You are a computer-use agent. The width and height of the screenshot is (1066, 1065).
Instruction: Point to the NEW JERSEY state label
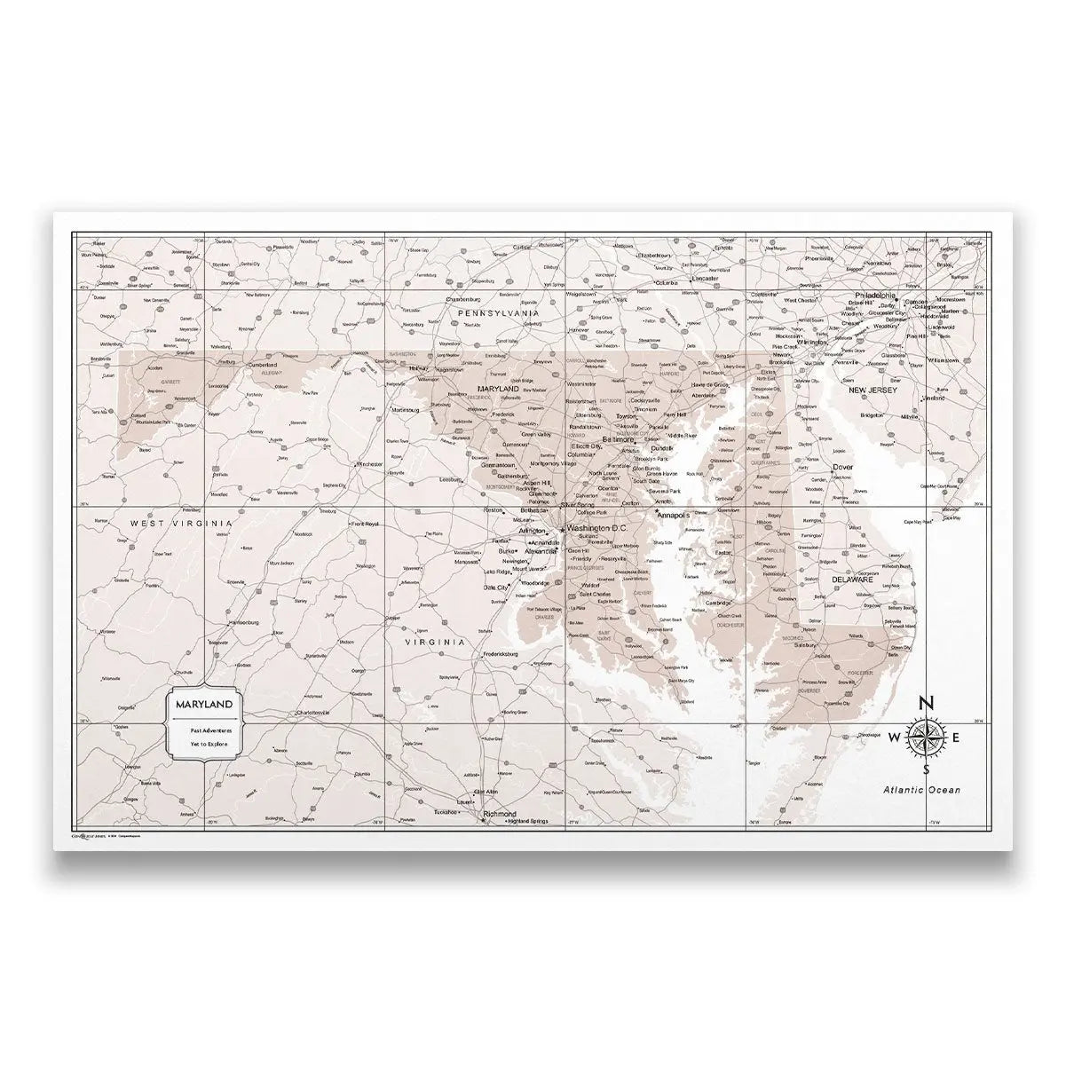tap(873, 390)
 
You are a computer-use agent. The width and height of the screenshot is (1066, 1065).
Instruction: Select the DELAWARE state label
tap(852, 580)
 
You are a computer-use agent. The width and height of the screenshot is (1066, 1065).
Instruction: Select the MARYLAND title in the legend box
tap(205, 704)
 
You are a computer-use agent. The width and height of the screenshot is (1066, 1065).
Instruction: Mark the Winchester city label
tap(367, 464)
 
